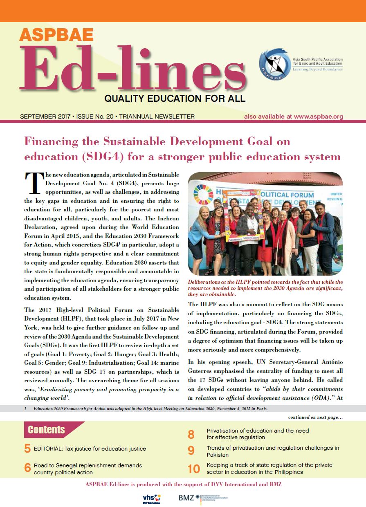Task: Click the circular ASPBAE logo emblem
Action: point(275,65)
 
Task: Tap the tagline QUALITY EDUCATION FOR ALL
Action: point(175,99)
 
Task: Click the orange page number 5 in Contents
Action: point(27,449)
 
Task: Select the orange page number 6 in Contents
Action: point(27,467)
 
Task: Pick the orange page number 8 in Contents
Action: point(191,434)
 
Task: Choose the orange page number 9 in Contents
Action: point(191,451)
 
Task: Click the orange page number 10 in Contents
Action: point(194,469)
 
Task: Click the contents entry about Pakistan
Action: point(272,451)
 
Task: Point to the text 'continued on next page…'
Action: point(315,417)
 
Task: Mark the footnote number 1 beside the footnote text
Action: point(25,409)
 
